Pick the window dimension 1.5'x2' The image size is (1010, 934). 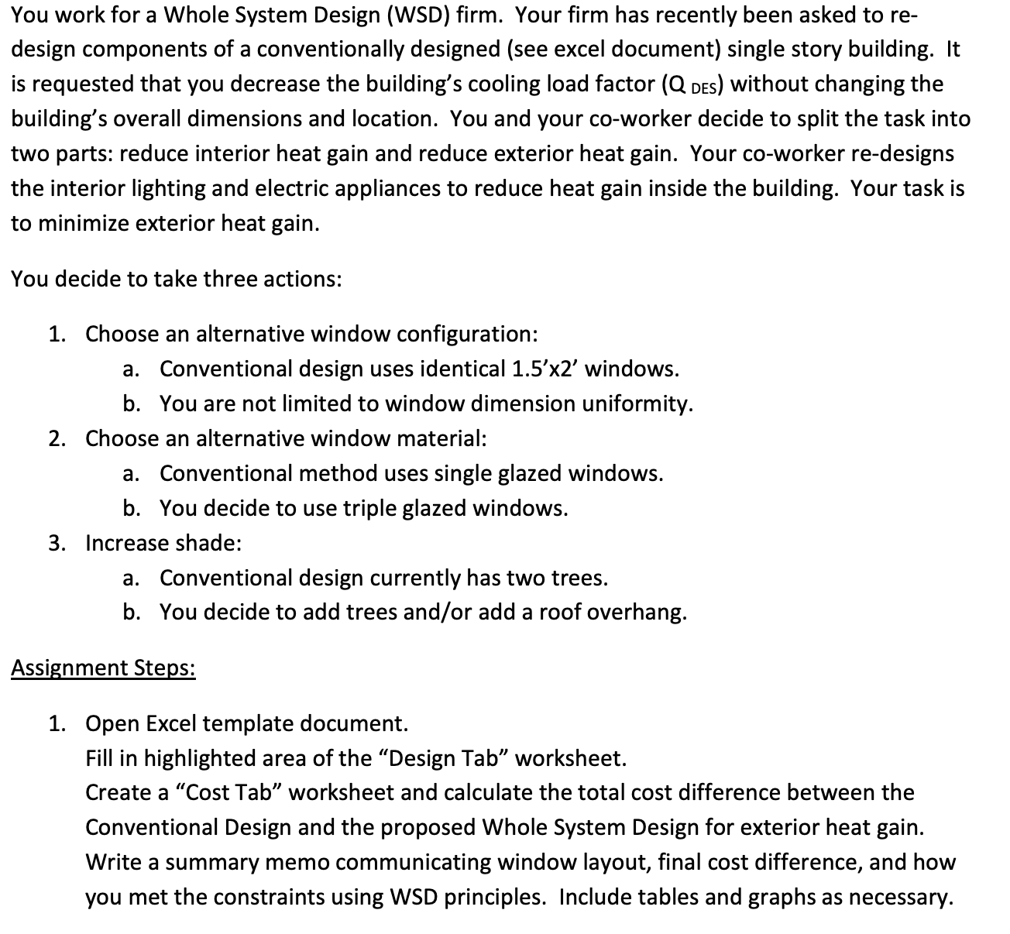point(545,369)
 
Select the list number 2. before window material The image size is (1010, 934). point(57,438)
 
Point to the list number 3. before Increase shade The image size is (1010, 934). point(57,543)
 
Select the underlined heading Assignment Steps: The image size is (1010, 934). point(103,668)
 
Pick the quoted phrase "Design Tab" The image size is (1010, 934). point(444,758)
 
